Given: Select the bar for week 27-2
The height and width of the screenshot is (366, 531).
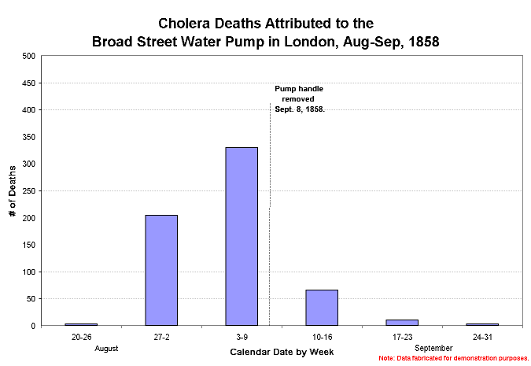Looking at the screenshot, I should click(160, 270).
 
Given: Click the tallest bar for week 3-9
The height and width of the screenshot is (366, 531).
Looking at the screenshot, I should click(242, 236).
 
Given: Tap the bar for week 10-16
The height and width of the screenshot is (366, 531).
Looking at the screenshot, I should click(322, 307).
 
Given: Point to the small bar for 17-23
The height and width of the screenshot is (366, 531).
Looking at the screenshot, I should click(402, 322).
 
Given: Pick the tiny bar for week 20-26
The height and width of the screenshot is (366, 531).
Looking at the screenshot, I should click(80, 323).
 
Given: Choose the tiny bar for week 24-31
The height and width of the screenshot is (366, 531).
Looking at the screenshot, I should click(482, 323).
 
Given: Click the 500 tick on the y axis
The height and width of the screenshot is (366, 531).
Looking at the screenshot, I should click(29, 56).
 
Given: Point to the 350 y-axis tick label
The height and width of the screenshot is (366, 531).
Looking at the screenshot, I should click(29, 137).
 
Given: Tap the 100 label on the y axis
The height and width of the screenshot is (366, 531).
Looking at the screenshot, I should click(29, 272).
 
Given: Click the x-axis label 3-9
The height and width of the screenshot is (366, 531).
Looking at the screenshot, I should click(242, 336).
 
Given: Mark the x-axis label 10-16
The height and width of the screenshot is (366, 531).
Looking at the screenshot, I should click(322, 336).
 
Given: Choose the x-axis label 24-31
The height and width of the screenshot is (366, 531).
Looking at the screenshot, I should click(482, 336).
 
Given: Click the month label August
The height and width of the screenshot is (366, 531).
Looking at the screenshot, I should click(105, 347).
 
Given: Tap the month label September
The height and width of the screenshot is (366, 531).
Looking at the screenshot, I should click(433, 347).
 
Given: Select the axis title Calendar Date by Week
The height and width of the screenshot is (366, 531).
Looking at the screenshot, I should click(281, 352).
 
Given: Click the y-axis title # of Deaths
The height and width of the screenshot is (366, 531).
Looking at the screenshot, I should click(12, 191).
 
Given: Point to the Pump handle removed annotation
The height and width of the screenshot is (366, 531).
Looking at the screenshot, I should click(300, 99).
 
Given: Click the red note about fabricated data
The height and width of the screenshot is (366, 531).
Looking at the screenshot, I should click(452, 358).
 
